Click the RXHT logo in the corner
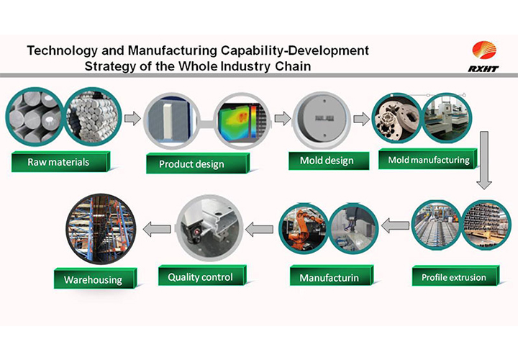(x=483, y=56)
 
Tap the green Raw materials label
(x=60, y=162)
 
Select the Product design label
(x=197, y=163)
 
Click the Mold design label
(x=328, y=161)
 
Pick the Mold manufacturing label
(x=428, y=159)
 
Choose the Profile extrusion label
(x=455, y=276)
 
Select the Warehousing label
(x=95, y=279)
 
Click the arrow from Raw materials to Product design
(x=132, y=118)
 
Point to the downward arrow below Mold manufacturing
(x=484, y=161)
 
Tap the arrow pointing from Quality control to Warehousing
(x=157, y=229)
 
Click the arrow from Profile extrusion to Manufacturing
(x=395, y=225)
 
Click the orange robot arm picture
(x=304, y=227)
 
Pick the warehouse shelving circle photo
(x=101, y=229)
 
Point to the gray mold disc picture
(x=322, y=120)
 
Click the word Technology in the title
(x=63, y=50)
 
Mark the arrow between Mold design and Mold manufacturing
(x=361, y=119)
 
